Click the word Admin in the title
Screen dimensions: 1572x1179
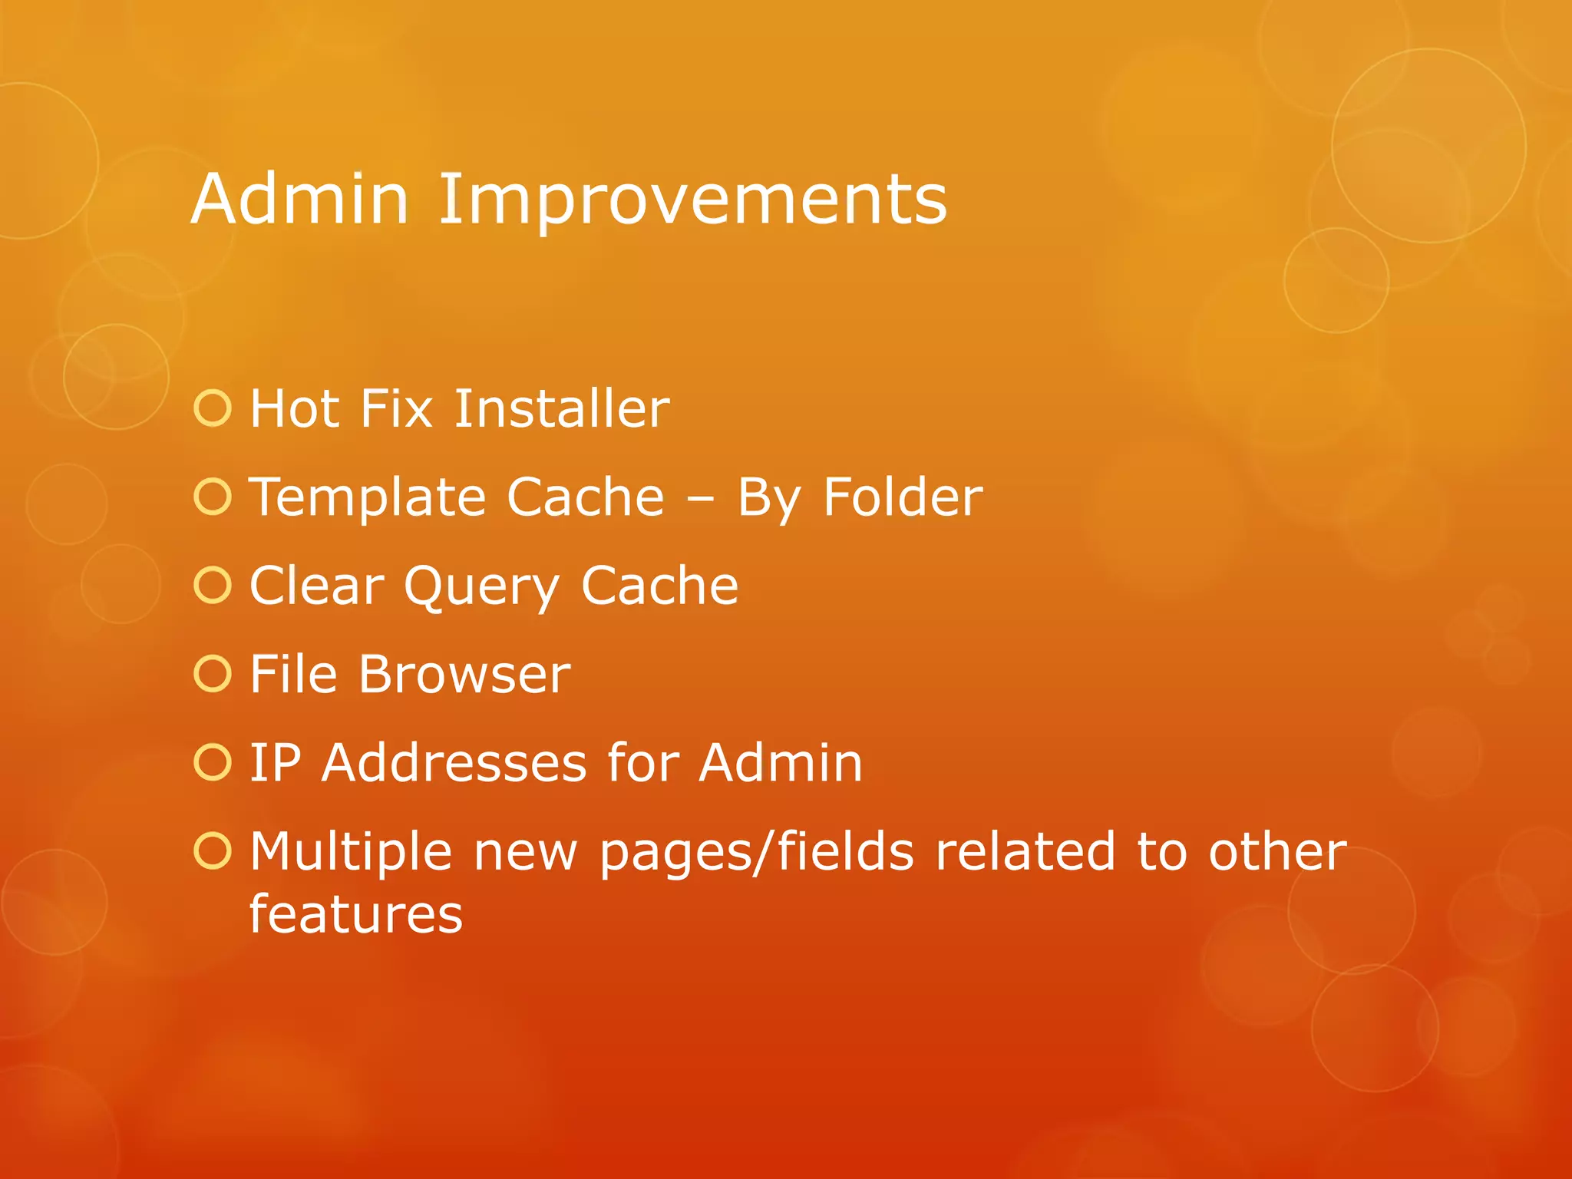coord(299,200)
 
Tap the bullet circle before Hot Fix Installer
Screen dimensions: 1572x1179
coord(213,408)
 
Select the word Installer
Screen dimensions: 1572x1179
coord(561,408)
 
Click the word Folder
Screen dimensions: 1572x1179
coord(903,497)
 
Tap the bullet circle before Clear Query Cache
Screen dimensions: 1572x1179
coord(213,586)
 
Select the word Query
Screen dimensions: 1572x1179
coord(481,587)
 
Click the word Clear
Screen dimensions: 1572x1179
coord(316,586)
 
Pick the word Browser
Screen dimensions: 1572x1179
coord(464,675)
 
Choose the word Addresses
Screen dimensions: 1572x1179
coord(454,763)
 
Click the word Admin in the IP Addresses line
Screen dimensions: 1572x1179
coord(781,763)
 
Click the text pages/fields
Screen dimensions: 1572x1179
coord(756,852)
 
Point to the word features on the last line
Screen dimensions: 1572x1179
coord(356,914)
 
